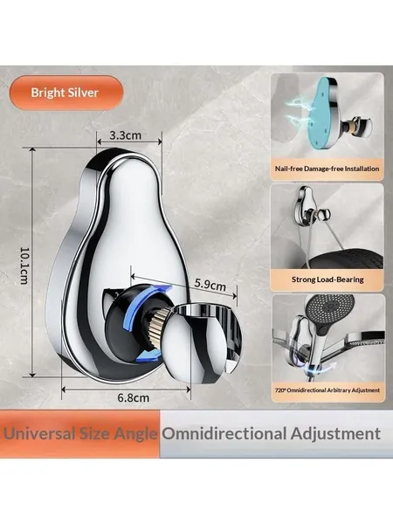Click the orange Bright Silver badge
coord(65,93)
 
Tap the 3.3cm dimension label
coord(125,135)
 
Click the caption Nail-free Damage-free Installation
coord(327,169)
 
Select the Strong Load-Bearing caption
coord(327,279)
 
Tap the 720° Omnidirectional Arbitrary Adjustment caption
coord(327,390)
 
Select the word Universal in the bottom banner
coord(40,434)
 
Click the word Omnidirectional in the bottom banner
coord(224,434)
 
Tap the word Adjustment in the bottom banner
coord(335,434)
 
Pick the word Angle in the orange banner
coord(135,434)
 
